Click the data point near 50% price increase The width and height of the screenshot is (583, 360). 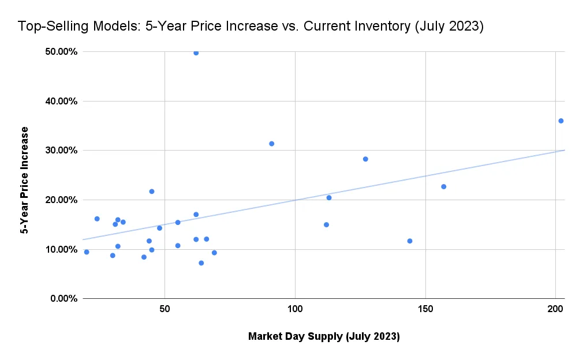coord(196,52)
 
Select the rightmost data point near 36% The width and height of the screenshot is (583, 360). coord(560,121)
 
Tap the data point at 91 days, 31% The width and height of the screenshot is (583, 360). coord(271,144)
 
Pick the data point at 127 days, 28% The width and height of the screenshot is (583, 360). coord(365,159)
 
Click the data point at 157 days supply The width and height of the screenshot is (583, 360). coord(443,186)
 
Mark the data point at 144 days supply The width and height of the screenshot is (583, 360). coord(410,241)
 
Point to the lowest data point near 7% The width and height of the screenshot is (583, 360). coord(201,263)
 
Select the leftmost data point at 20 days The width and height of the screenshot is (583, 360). coord(87,252)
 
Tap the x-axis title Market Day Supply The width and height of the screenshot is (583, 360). coord(323,336)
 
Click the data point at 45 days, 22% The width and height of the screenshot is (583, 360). coord(152,192)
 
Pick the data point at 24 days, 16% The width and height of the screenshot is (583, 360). coord(97,219)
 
